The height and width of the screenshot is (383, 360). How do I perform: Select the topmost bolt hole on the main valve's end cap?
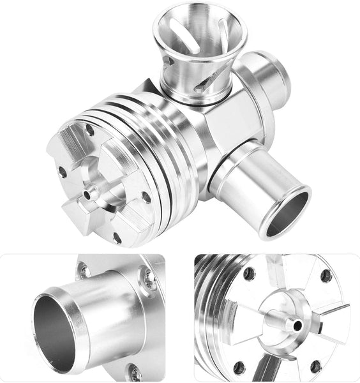pos(89,131)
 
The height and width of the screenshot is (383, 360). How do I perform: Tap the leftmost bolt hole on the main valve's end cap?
pos(62,172)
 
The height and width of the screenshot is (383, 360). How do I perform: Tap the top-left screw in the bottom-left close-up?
pos(83,271)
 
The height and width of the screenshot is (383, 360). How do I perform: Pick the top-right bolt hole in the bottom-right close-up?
pos(326,276)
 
